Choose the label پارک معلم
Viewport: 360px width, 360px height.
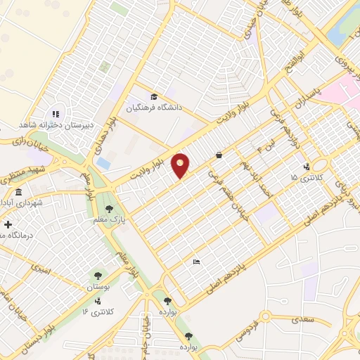tap(108, 219)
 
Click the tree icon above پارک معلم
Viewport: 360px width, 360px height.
tap(108, 208)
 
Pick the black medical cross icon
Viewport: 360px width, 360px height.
tap(8, 225)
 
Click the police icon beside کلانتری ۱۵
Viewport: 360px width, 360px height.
tap(307, 167)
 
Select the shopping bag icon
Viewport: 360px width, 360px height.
tap(219, 155)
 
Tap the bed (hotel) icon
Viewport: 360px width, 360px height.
tap(197, 262)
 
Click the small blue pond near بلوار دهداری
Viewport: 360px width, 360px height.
tap(104, 162)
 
